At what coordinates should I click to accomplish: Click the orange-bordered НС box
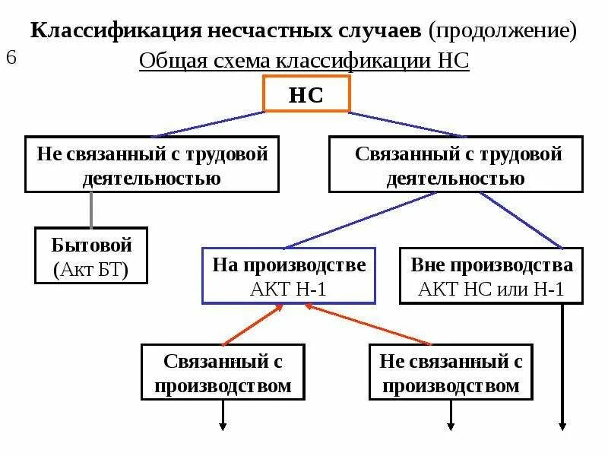click(306, 95)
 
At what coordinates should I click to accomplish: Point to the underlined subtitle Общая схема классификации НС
click(304, 62)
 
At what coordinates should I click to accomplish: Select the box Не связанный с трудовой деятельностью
click(152, 165)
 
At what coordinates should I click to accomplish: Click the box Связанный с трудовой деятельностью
click(455, 165)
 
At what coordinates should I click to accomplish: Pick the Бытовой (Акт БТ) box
click(91, 256)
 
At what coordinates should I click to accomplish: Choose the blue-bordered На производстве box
click(289, 275)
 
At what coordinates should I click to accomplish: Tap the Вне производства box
click(492, 275)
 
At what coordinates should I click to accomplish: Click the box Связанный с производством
click(223, 372)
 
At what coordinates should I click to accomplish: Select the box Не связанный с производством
click(451, 372)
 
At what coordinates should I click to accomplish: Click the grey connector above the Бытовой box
click(92, 209)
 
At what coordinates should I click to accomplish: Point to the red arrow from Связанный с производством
click(251, 324)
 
